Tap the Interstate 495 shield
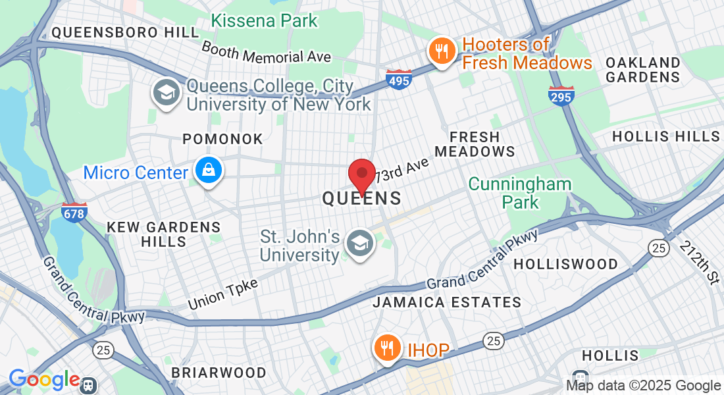399,80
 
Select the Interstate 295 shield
561,97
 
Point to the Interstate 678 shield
74,213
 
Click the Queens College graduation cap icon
167,93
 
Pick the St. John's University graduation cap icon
360,244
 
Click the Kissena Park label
265,21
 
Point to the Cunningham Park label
520,193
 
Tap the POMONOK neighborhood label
222,140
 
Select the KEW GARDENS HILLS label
164,234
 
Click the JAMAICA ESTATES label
447,303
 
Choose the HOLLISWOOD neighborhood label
565,264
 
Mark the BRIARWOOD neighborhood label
219,373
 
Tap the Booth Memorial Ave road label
266,52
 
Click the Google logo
44,380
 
